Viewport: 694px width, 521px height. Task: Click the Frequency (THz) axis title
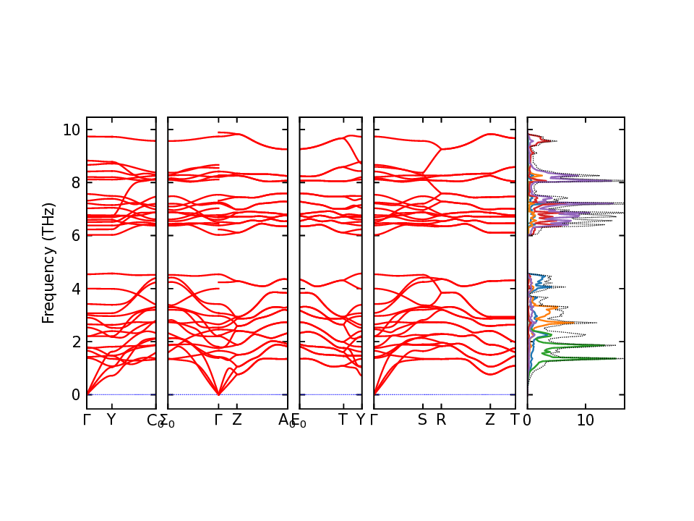(48, 263)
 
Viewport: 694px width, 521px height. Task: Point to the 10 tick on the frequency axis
(70, 130)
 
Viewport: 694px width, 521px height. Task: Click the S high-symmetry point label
(422, 420)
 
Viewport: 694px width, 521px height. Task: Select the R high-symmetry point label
(441, 420)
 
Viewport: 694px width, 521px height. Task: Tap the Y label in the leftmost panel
(111, 420)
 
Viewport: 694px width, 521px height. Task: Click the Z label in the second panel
(236, 420)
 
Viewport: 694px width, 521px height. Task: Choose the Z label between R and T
(490, 420)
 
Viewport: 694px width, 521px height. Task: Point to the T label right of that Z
(515, 420)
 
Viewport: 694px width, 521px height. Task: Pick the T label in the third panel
(343, 420)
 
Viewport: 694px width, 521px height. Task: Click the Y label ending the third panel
(360, 420)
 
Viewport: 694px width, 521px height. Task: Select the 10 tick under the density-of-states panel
(586, 420)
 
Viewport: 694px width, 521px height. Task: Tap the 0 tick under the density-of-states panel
(527, 420)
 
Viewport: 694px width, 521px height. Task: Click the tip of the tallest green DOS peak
(616, 358)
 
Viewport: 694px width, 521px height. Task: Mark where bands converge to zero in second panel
(219, 394)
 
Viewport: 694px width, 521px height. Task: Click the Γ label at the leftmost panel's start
(87, 420)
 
